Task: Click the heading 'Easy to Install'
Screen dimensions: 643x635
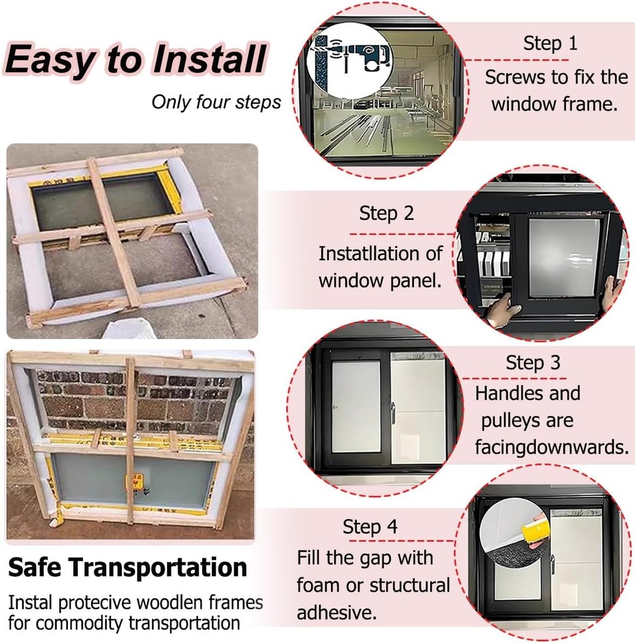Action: pos(136,60)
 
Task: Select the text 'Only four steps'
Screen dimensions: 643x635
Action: pos(216,102)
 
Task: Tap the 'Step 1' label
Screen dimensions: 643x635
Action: pos(550,43)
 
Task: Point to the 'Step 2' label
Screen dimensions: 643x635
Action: pos(386,213)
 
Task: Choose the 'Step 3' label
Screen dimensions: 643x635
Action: pos(533,362)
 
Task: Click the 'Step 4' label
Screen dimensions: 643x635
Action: pos(370,526)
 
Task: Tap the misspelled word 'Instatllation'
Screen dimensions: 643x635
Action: pos(380,254)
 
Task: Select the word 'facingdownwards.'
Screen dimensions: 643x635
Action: pos(551,447)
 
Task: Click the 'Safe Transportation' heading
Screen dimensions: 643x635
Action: pos(128,568)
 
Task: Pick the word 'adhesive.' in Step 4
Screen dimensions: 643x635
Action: pos(332,612)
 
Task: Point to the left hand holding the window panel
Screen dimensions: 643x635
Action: pos(502,310)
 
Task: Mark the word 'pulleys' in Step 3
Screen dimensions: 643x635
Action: pos(527,420)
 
